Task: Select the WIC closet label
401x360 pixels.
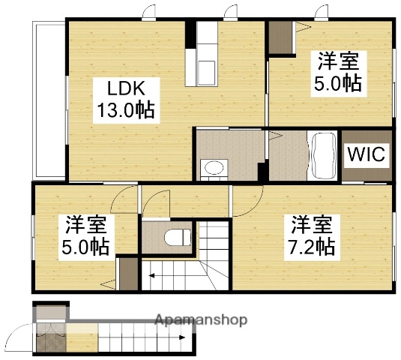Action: pyautogui.click(x=366, y=155)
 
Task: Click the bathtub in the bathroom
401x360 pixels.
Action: pyautogui.click(x=323, y=155)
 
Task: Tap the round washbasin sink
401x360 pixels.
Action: pyautogui.click(x=214, y=167)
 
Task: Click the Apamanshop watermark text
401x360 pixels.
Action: pyautogui.click(x=201, y=320)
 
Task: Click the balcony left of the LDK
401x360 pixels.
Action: pyautogui.click(x=48, y=100)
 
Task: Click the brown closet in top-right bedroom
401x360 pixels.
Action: pyautogui.click(x=281, y=37)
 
